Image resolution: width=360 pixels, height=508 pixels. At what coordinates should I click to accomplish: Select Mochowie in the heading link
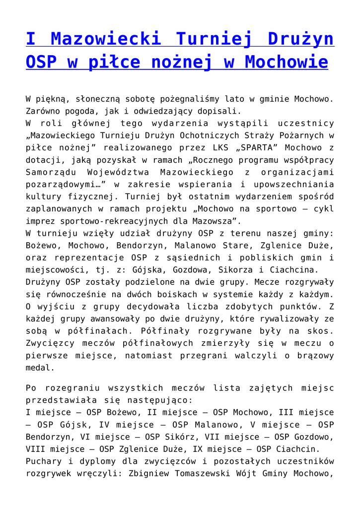tap(287, 62)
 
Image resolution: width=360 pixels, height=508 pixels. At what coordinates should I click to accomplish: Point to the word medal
tap(38, 368)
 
